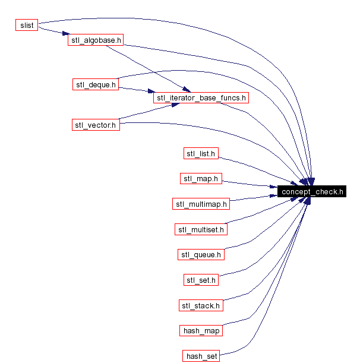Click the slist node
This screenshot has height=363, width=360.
(x=27, y=25)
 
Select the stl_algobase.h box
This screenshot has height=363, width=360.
(x=95, y=40)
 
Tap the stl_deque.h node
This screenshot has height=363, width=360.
(x=95, y=84)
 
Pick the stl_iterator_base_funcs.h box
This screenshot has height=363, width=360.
(x=201, y=97)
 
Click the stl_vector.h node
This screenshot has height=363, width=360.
(x=95, y=125)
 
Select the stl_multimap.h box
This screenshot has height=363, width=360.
(x=201, y=204)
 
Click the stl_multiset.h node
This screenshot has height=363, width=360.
(x=201, y=229)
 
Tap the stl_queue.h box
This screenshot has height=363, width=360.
(x=201, y=254)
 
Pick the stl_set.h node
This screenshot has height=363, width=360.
(x=201, y=280)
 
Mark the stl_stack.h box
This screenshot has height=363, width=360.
(x=201, y=305)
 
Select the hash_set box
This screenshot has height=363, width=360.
(x=201, y=356)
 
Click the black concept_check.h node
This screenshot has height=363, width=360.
(x=312, y=191)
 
